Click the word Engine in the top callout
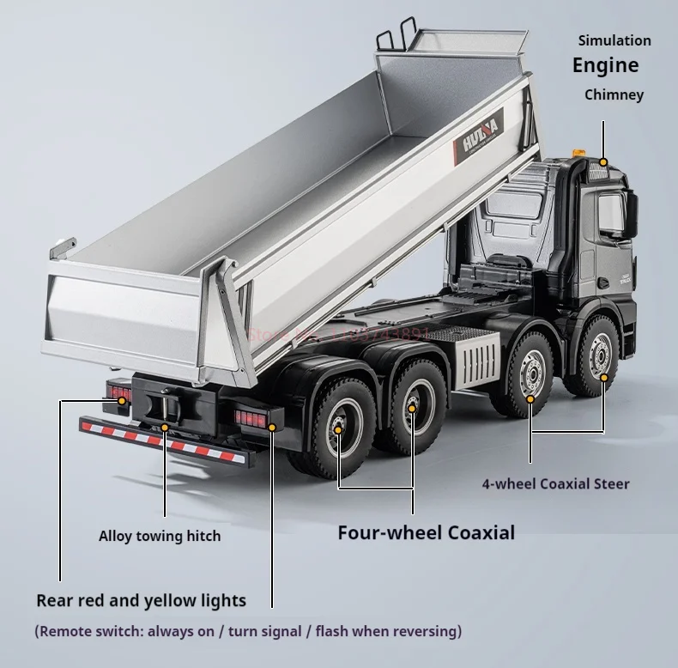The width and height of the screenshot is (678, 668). pos(606,66)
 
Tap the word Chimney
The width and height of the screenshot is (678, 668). pos(614,94)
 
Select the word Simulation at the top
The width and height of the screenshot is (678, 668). pos(614,40)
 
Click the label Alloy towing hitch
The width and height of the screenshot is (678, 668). pos(160,536)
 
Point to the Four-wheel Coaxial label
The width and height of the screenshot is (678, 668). pos(426,532)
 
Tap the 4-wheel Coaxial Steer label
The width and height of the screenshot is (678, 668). pos(555,483)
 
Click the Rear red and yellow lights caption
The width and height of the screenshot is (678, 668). pos(141,600)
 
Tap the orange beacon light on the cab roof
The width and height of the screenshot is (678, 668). pos(579,153)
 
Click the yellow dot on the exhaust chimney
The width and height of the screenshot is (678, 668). pos(603,162)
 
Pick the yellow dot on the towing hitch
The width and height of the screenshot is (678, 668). pos(164,427)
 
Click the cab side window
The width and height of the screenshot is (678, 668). pos(611,212)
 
